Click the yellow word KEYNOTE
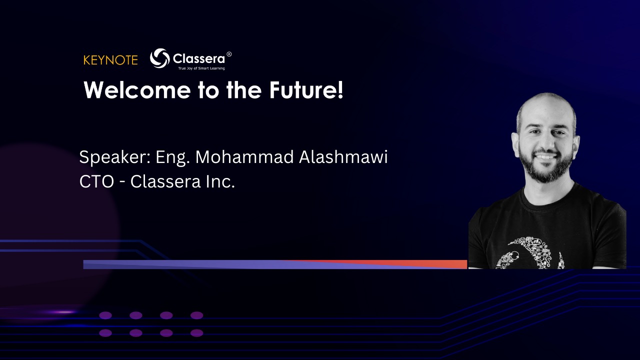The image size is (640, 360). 110,60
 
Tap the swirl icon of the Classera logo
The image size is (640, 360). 159,58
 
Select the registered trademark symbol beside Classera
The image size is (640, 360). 229,54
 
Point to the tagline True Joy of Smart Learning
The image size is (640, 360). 201,68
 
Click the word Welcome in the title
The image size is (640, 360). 137,90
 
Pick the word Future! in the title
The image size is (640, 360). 306,90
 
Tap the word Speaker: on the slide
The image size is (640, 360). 115,157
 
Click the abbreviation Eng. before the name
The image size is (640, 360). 172,157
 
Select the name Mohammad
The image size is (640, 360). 244,157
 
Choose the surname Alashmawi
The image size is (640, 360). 343,157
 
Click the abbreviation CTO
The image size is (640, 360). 96,181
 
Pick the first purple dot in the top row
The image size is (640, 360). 105,315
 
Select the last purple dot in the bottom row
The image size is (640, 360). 196,333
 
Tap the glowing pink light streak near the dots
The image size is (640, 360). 63,312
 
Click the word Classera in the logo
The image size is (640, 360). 199,59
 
